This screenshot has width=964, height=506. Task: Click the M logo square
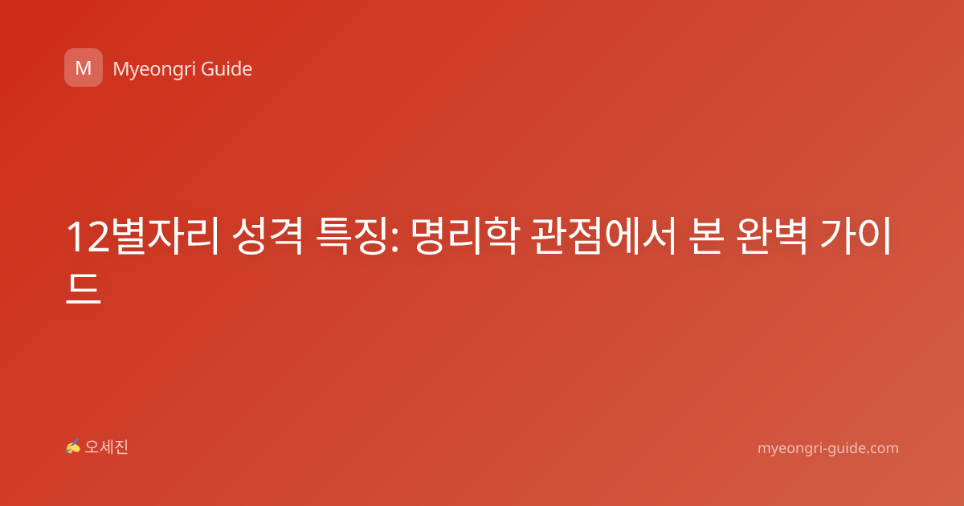coord(84,67)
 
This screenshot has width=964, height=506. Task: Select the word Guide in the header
coord(227,69)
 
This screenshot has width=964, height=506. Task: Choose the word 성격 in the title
coord(268,237)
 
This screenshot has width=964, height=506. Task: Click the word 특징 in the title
coord(351,237)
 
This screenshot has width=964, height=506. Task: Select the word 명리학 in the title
coord(465,237)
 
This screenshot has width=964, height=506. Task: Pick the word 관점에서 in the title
coord(603,237)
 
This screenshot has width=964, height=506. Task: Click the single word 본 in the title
coord(706,237)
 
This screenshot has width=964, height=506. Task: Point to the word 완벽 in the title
coord(772,237)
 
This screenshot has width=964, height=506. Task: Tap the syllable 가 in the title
coord(837,237)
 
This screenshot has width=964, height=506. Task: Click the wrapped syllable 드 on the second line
coord(84,288)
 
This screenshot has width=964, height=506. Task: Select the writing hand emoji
coord(72,447)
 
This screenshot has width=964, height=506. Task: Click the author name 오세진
coord(106,447)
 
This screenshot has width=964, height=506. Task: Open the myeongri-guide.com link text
coord(828,448)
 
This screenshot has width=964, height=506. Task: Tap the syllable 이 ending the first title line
coord(875,237)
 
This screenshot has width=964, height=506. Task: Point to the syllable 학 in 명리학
coord(500,237)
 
